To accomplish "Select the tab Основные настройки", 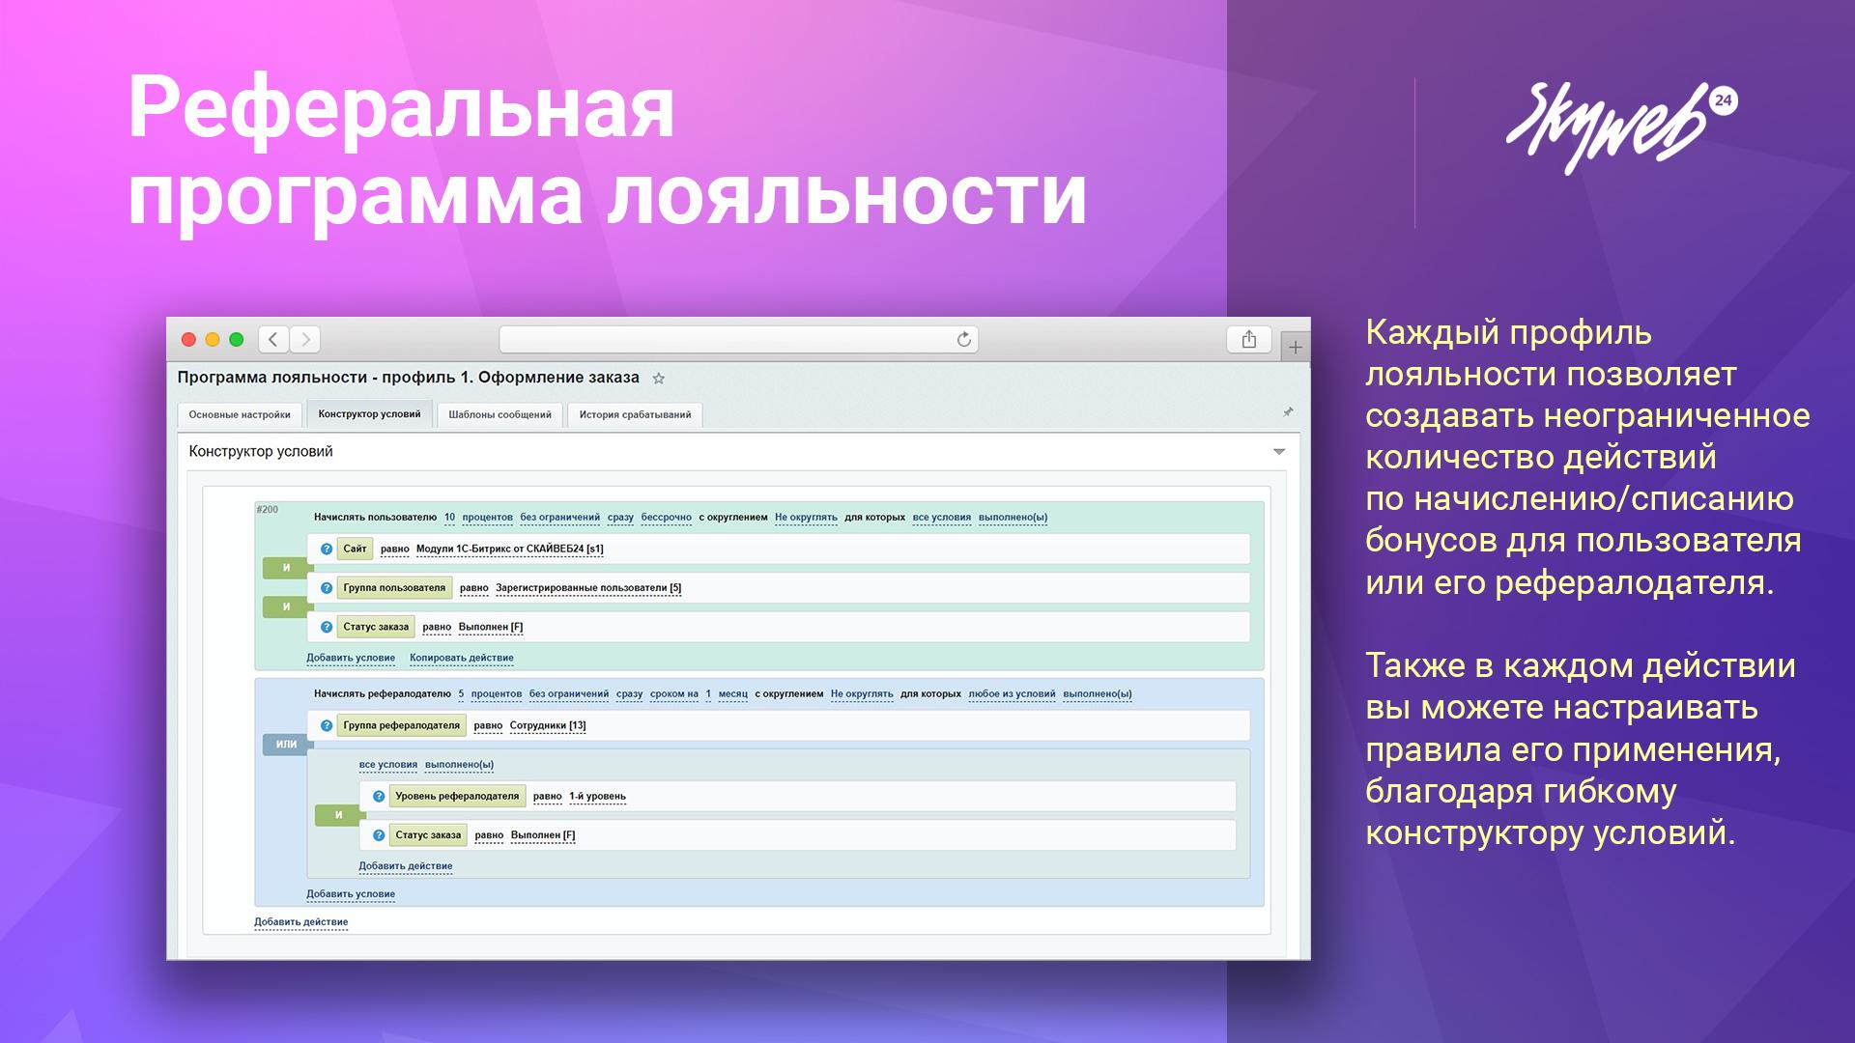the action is coord(240,414).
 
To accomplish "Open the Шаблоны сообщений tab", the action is coord(499,414).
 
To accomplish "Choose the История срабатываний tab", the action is coord(635,414).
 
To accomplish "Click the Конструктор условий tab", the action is coord(369,413).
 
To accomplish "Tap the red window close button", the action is coord(189,339).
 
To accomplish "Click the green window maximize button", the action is coord(236,339).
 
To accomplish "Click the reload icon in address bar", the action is coord(963,339).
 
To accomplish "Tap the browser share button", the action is coord(1249,339).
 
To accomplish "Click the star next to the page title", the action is coord(659,379).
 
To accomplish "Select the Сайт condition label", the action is coord(355,549).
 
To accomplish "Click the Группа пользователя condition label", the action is coord(394,587).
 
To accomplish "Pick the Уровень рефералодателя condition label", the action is coord(457,796).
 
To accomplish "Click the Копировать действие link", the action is coord(462,658).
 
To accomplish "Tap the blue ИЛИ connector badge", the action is coord(286,744).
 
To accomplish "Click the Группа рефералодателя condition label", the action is coord(401,725).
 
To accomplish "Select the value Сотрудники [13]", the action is coord(548,725).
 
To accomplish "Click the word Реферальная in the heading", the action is coord(401,108).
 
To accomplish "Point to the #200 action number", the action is coord(267,509).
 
